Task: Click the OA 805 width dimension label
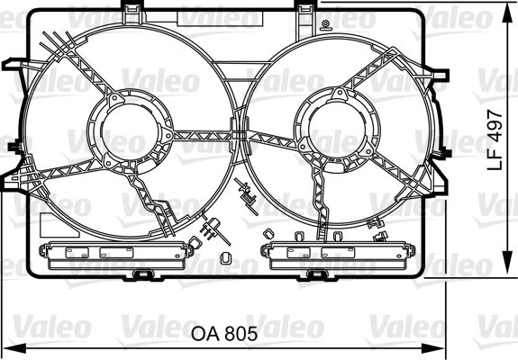click(224, 334)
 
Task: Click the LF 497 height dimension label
click(495, 140)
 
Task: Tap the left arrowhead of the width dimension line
click(14, 348)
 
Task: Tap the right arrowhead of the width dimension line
click(433, 348)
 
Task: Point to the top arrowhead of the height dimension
click(507, 14)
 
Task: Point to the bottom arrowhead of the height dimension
click(507, 262)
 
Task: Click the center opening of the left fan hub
click(130, 131)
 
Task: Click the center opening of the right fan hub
click(337, 128)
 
